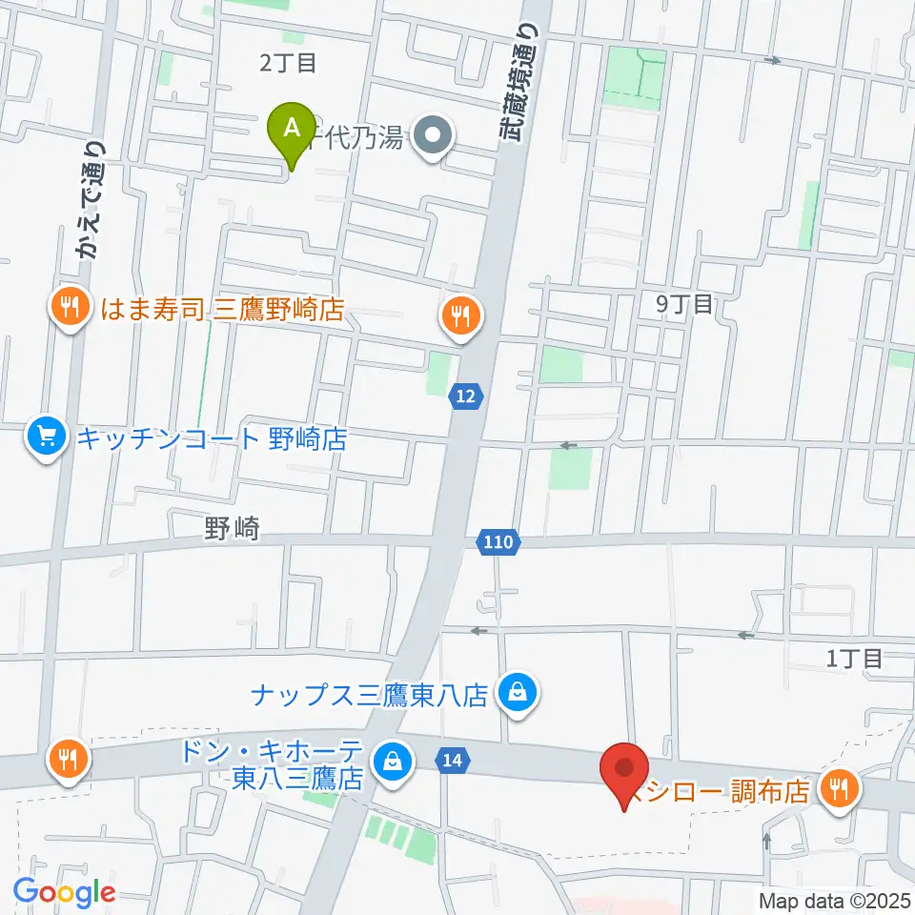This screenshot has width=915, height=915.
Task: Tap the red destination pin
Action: pyautogui.click(x=625, y=768)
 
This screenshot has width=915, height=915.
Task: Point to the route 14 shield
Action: pyautogui.click(x=452, y=760)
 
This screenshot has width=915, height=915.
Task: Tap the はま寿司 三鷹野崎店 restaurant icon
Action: pyautogui.click(x=69, y=307)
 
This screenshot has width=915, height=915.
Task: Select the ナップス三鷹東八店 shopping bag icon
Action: pyautogui.click(x=517, y=692)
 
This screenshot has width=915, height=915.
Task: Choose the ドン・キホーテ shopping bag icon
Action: pyautogui.click(x=391, y=760)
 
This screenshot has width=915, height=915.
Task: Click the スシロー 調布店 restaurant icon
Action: pyautogui.click(x=840, y=788)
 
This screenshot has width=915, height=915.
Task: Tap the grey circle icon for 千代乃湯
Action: pyautogui.click(x=435, y=139)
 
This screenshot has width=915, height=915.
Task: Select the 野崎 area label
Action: pyautogui.click(x=232, y=530)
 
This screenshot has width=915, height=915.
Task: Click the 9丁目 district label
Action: pyautogui.click(x=684, y=305)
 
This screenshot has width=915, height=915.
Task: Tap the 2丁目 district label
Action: pyautogui.click(x=287, y=64)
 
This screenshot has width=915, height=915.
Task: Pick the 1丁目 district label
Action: pyautogui.click(x=855, y=657)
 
